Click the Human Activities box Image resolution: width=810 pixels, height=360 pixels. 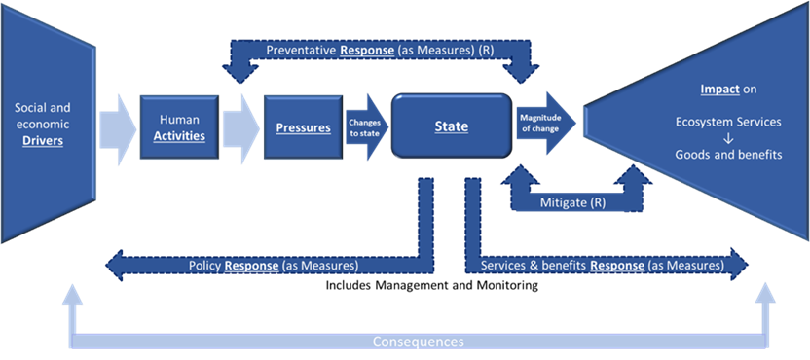(179, 127)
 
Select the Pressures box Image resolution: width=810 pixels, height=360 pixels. (302, 127)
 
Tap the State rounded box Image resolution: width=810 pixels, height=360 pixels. (451, 127)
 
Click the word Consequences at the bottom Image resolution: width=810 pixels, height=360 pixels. (419, 342)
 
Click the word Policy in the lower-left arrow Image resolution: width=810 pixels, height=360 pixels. (205, 265)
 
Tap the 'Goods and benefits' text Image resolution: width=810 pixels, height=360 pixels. (728, 155)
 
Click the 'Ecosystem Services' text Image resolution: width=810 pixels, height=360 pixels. (728, 123)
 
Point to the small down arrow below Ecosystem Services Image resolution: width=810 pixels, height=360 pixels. (728, 139)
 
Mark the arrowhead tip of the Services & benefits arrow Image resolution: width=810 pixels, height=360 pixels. (749, 265)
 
